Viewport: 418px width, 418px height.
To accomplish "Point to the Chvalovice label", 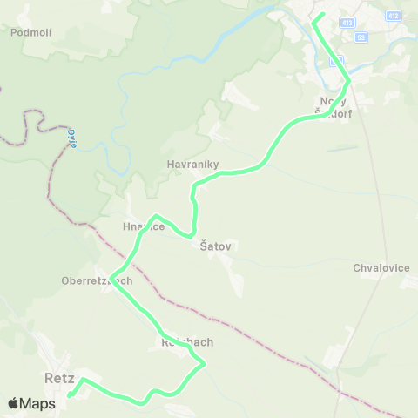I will pyautogui.click(x=381, y=267).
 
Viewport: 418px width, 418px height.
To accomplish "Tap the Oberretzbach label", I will pyautogui.click(x=97, y=280).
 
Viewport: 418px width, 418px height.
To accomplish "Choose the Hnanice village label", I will pyautogui.click(x=144, y=226).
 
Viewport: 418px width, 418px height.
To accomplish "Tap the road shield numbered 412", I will pyautogui.click(x=394, y=16).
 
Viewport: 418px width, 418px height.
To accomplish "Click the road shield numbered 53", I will pyautogui.click(x=360, y=37).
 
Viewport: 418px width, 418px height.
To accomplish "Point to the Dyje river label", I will pyautogui.click(x=72, y=138).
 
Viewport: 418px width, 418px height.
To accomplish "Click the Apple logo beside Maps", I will pyautogui.click(x=13, y=403).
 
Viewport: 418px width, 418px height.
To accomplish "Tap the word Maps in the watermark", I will pyautogui.click(x=37, y=403).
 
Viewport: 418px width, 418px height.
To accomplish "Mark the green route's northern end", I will pyautogui.click(x=321, y=15).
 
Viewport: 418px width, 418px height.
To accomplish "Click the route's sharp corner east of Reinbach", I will pyautogui.click(x=204, y=365).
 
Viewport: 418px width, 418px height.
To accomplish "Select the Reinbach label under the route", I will pyautogui.click(x=186, y=342).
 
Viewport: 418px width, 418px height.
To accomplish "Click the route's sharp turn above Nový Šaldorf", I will pyautogui.click(x=348, y=81).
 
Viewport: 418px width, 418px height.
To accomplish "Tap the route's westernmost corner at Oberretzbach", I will pyautogui.click(x=111, y=279).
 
